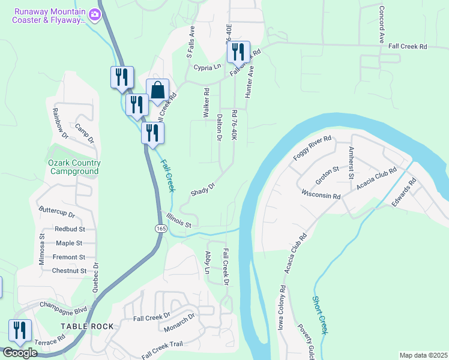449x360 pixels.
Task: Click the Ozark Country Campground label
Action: pos(74,167)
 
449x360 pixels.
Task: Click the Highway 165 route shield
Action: pos(160,229)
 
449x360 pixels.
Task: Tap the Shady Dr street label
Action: pos(203,189)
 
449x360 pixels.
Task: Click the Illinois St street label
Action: pos(179,221)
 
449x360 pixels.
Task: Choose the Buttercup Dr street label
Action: pos(56,213)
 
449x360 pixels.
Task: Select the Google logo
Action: pos(20,353)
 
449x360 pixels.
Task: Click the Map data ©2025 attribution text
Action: pos(423,355)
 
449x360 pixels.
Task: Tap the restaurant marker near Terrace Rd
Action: pos(20,331)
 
